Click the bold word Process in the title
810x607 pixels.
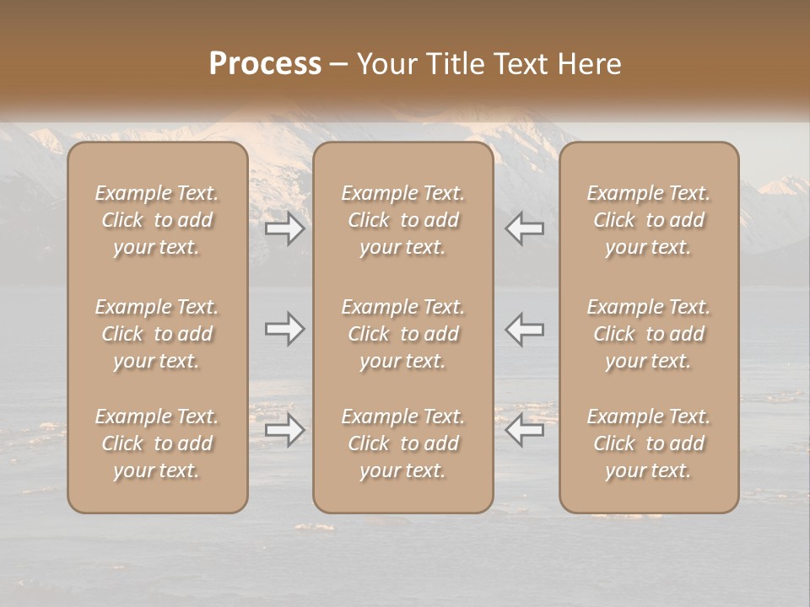pyautogui.click(x=265, y=63)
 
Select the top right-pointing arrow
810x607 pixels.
pyautogui.click(x=285, y=228)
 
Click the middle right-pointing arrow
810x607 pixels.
pyautogui.click(x=285, y=329)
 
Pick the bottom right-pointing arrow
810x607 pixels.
pyautogui.click(x=285, y=431)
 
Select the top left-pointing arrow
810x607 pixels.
pyautogui.click(x=525, y=228)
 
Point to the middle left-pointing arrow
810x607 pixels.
pyautogui.click(x=525, y=329)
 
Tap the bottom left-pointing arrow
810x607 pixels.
pyautogui.click(x=525, y=431)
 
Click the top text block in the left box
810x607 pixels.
pyautogui.click(x=157, y=220)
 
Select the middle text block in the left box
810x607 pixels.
pyautogui.click(x=157, y=334)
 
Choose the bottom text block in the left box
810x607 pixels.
pyautogui.click(x=157, y=443)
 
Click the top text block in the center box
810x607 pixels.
pyautogui.click(x=403, y=220)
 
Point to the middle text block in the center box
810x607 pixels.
pyautogui.click(x=403, y=334)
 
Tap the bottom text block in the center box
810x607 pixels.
pyautogui.click(x=403, y=443)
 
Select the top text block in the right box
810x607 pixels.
pyautogui.click(x=649, y=220)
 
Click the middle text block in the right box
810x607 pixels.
pyautogui.click(x=649, y=334)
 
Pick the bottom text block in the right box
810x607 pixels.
pyautogui.click(x=649, y=443)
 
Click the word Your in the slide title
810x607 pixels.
pyautogui.click(x=385, y=63)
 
